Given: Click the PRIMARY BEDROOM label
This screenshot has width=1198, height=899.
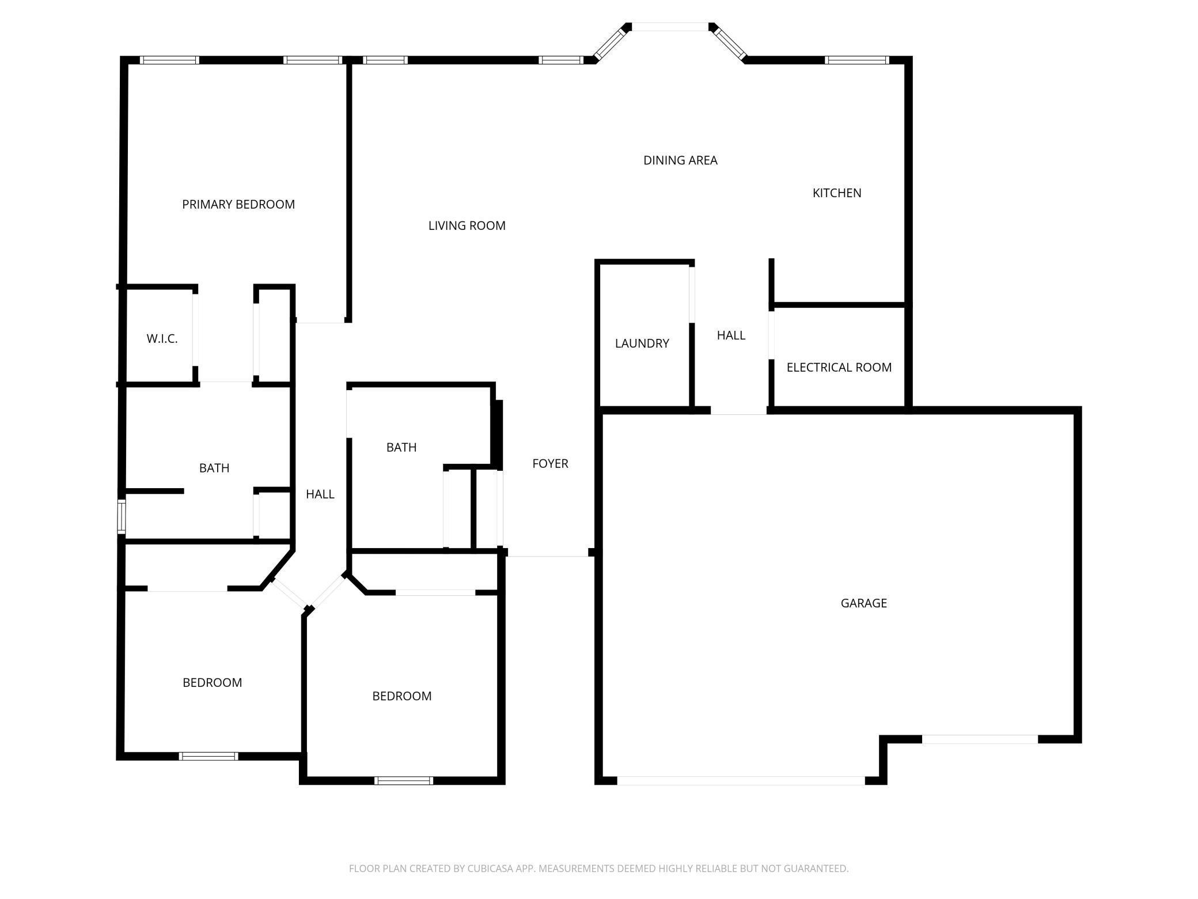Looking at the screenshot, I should point(238,205).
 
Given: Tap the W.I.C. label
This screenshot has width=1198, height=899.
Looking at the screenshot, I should point(162,339).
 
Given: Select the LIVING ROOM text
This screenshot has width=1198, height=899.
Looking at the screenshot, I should point(467,226).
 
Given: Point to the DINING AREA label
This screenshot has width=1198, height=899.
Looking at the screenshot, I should point(680,160).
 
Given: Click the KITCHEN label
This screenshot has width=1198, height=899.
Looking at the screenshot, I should point(836,193).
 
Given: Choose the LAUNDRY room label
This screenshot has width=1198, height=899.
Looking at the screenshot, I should point(642,343).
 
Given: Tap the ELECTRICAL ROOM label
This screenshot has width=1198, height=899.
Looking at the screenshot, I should point(839,368).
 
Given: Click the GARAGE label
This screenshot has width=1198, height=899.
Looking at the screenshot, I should point(863,603).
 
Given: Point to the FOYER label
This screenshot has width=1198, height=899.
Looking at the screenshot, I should point(550,464).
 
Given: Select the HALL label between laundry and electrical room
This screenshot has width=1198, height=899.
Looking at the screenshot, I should point(731,335).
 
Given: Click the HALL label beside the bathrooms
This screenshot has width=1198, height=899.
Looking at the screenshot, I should point(320,494).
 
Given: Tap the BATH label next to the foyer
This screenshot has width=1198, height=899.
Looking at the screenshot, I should point(401,448).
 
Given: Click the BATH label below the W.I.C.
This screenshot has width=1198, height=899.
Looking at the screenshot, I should point(214,469).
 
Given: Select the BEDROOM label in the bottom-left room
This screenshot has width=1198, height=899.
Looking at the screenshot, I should point(212,683).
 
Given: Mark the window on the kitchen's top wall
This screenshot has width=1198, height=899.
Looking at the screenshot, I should point(856,60).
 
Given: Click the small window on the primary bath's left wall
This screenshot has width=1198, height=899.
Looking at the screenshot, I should point(122,516).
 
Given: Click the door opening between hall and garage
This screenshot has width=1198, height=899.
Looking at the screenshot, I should point(738,411).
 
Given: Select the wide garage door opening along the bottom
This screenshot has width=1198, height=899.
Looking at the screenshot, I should point(741,781).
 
